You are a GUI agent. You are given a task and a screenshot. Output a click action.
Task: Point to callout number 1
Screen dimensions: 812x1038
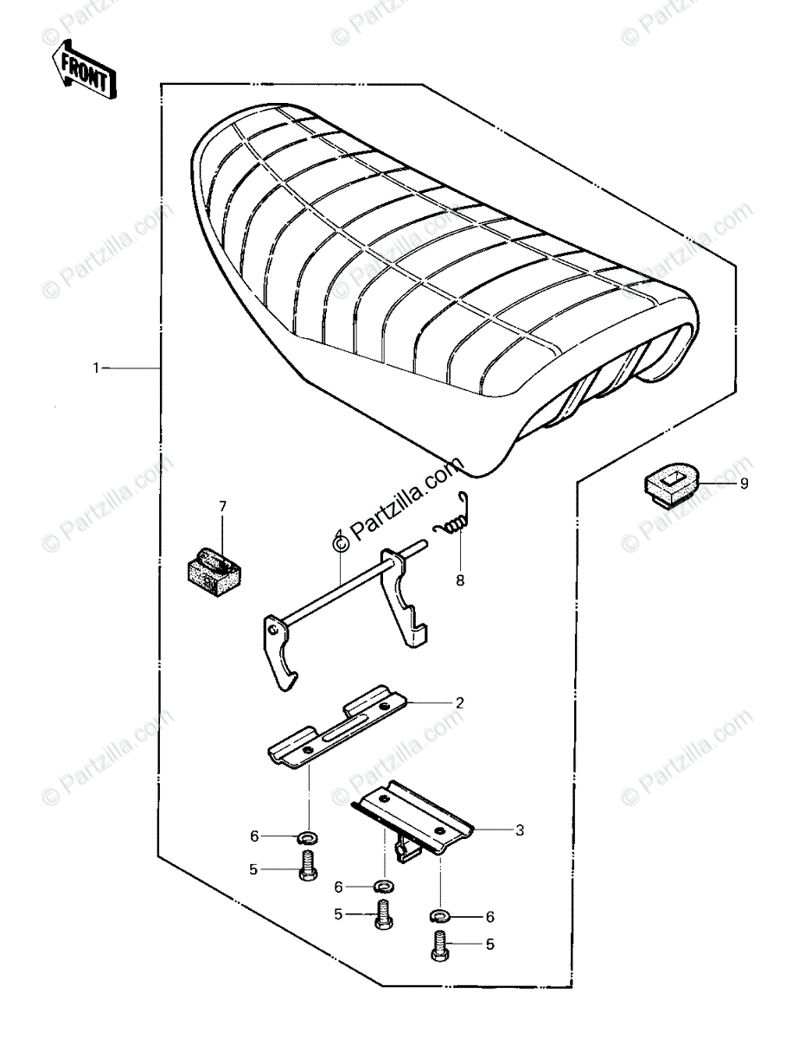click(97, 368)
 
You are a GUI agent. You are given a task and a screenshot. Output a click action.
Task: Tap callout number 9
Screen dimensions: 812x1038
click(744, 484)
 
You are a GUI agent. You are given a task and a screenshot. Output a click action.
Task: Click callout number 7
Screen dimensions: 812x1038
click(222, 505)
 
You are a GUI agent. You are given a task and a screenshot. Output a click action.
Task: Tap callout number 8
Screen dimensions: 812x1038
click(460, 580)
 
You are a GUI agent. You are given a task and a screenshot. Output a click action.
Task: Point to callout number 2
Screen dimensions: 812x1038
click(460, 703)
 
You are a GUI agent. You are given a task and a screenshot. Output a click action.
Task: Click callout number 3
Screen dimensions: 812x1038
click(519, 830)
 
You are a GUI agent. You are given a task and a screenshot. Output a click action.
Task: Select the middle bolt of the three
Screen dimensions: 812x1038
click(382, 914)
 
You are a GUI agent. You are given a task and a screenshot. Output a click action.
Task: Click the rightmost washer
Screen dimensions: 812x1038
click(439, 915)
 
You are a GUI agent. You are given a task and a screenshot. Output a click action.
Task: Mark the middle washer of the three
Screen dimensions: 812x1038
click(380, 886)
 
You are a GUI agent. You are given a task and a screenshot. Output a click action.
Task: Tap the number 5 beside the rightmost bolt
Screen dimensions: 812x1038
click(489, 945)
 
